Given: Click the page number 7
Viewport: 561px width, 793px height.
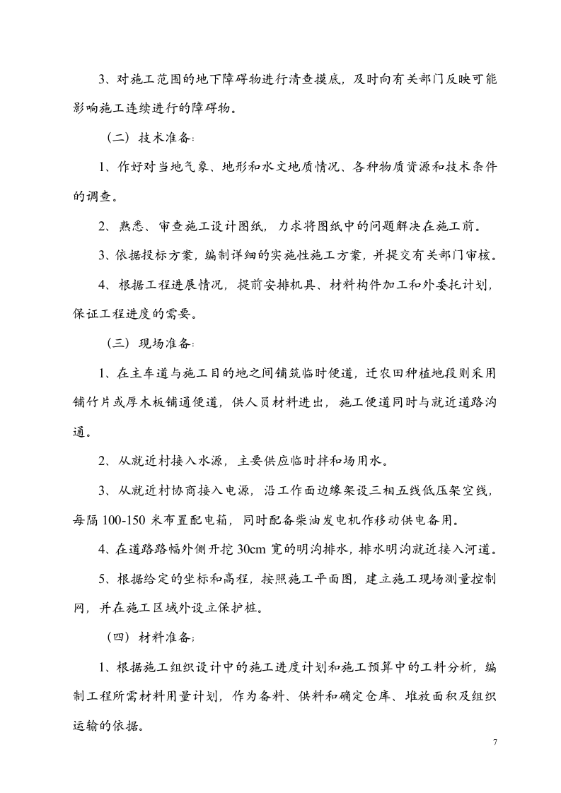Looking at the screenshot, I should [x=495, y=744].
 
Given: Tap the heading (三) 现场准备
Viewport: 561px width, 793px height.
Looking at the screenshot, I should [x=151, y=343].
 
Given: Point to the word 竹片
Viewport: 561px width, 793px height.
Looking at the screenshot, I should [x=107, y=403].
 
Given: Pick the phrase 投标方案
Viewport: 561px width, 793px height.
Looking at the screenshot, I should [x=166, y=256].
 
